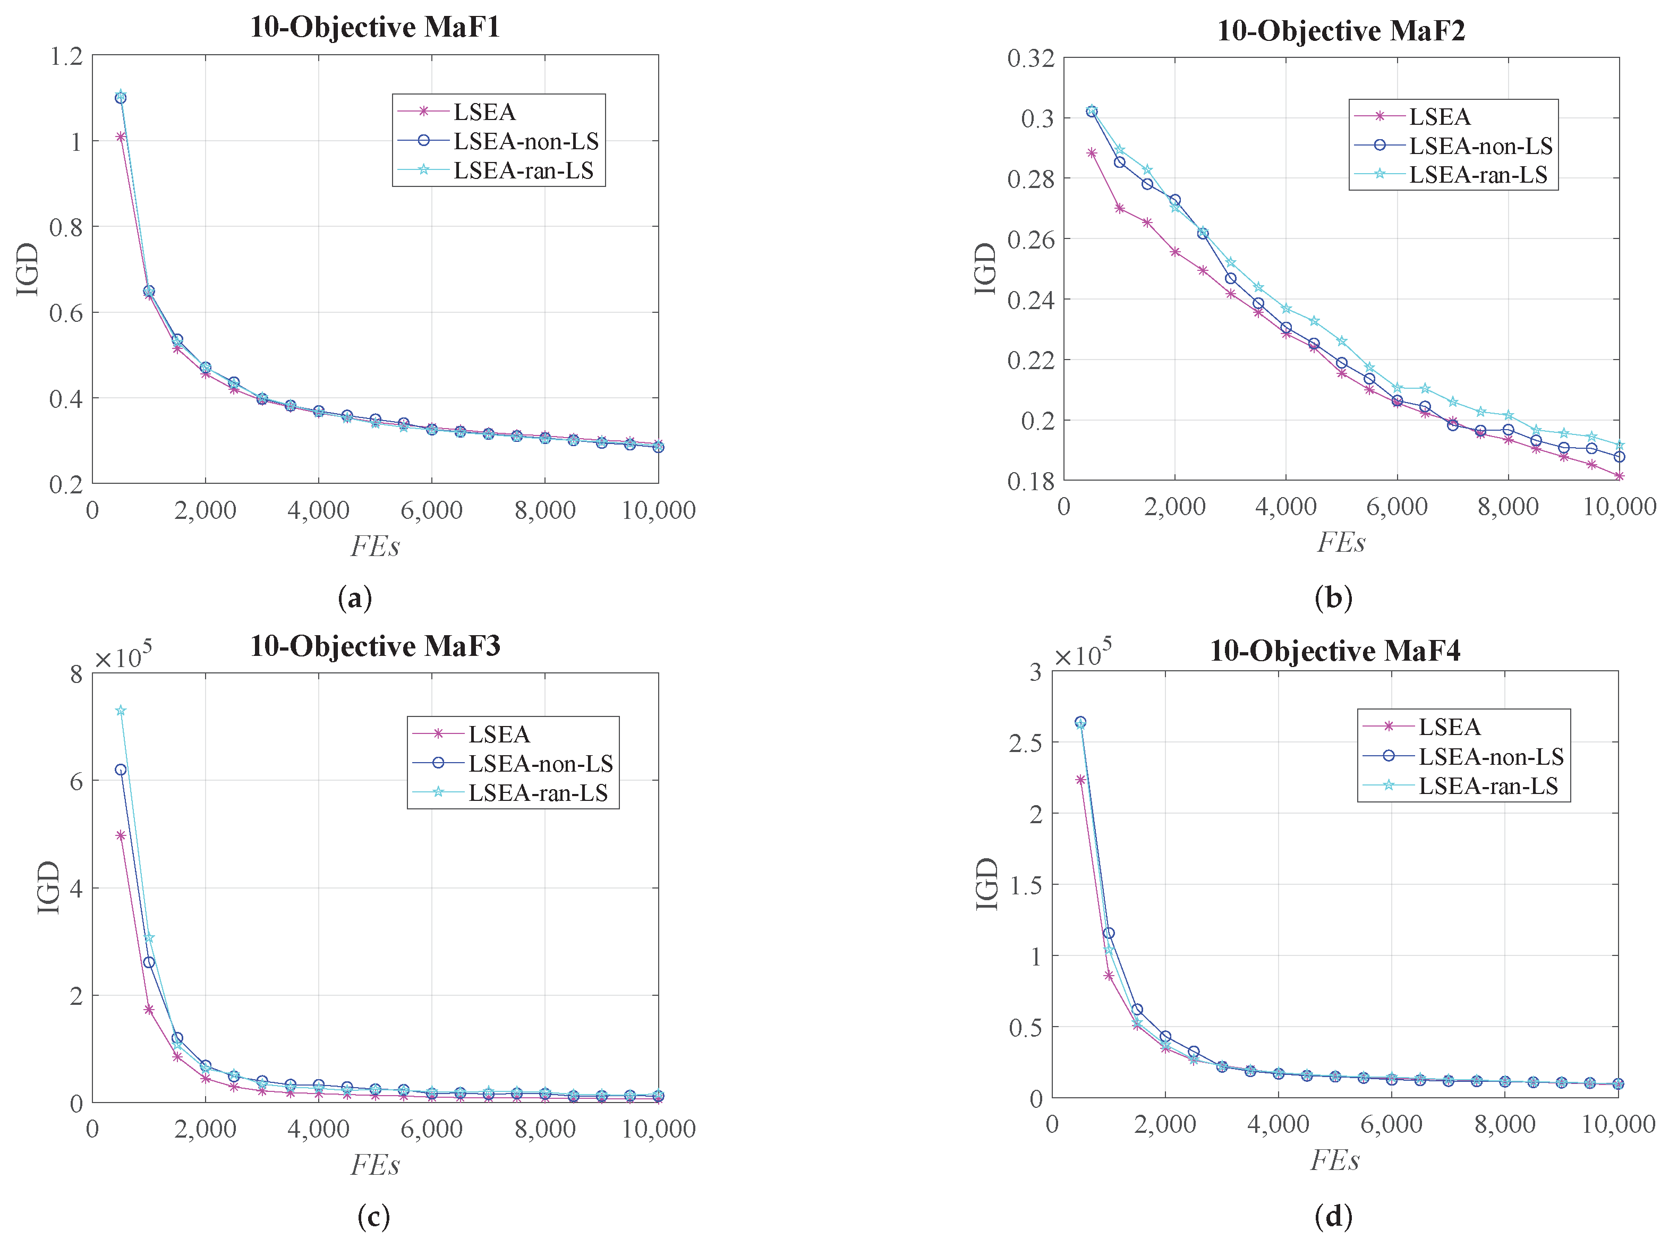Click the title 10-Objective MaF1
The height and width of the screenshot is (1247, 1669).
coord(374,27)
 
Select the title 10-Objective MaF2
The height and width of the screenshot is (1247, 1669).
coord(1340,31)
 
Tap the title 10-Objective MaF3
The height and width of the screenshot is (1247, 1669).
coord(374,646)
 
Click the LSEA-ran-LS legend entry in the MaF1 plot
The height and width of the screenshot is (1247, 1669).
coord(523,170)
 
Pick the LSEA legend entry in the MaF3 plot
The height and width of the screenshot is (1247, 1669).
coord(499,734)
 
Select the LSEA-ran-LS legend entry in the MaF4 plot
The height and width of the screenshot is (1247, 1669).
coord(1487,786)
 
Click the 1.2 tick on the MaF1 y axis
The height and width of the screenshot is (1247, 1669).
coord(66,56)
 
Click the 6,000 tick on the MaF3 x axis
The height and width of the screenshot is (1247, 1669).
coord(431,1129)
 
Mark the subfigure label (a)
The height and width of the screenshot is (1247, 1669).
coord(355,597)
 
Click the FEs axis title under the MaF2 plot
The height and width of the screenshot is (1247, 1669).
coord(1340,542)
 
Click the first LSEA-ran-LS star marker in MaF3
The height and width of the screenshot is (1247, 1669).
coord(121,711)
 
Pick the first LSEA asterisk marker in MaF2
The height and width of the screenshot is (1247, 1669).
coord(1092,153)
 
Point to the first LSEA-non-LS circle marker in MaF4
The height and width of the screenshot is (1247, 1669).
coord(1080,722)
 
